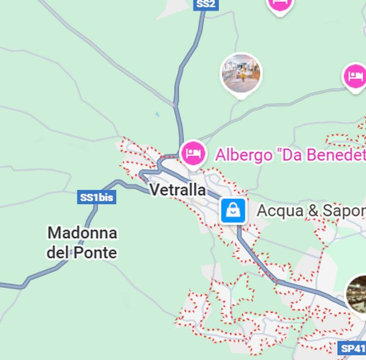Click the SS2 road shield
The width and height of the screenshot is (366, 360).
point(206,4)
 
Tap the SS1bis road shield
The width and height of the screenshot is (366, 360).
point(96,197)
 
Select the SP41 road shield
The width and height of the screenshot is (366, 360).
point(352,348)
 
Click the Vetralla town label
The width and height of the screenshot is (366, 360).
point(177,190)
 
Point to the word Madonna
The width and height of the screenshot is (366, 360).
point(82,232)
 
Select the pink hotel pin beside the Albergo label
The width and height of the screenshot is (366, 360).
point(193,153)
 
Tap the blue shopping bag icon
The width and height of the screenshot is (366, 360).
point(233,210)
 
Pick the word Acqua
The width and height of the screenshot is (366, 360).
point(280,211)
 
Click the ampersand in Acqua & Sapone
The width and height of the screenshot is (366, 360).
point(313,211)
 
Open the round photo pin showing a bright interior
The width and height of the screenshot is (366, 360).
point(241,74)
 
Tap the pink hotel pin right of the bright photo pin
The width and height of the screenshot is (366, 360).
point(355,76)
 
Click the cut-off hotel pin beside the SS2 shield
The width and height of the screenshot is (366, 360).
point(280,5)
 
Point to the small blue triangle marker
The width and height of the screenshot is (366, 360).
point(157,114)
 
